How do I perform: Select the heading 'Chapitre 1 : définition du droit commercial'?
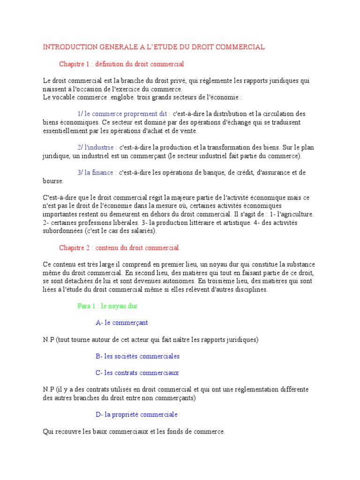pyautogui.click(x=121, y=64)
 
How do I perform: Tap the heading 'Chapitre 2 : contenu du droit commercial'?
pyautogui.click(x=119, y=247)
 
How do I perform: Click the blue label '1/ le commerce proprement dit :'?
pyautogui.click(x=124, y=114)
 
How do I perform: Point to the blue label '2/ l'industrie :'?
pyautogui.click(x=97, y=147)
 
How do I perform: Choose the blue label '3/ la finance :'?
pyautogui.click(x=97, y=172)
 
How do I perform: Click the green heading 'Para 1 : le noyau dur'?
pyautogui.click(x=107, y=306)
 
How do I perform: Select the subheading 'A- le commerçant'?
pyautogui.click(x=122, y=322)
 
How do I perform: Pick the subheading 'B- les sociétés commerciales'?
pyautogui.click(x=137, y=356)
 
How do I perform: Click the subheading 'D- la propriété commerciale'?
pyautogui.click(x=136, y=415)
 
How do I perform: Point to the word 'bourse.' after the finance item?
pyautogui.click(x=52, y=181)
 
